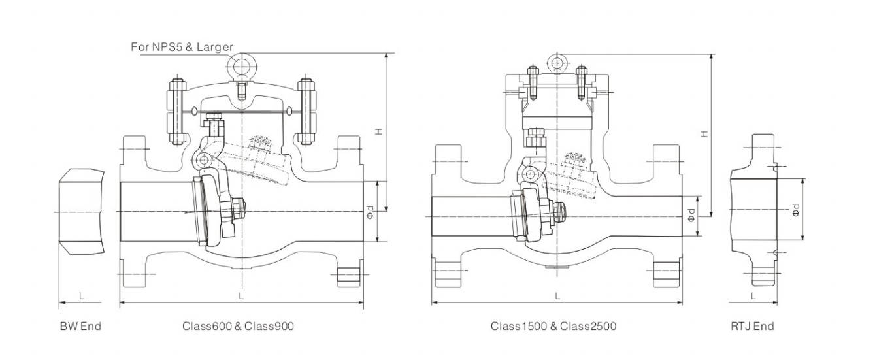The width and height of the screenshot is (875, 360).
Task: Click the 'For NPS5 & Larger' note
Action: pyautogui.click(x=182, y=47)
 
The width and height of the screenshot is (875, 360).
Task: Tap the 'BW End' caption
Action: pyautogui.click(x=80, y=326)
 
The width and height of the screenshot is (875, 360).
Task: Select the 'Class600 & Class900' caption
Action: pyautogui.click(x=238, y=326)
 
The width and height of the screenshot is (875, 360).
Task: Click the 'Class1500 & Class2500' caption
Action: pyautogui.click(x=553, y=326)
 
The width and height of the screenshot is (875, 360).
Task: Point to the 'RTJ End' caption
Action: pyautogui.click(x=752, y=326)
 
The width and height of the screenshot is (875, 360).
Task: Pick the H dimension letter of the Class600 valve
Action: pyautogui.click(x=378, y=132)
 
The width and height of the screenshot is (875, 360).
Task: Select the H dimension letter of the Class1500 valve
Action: pyautogui.click(x=704, y=134)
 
